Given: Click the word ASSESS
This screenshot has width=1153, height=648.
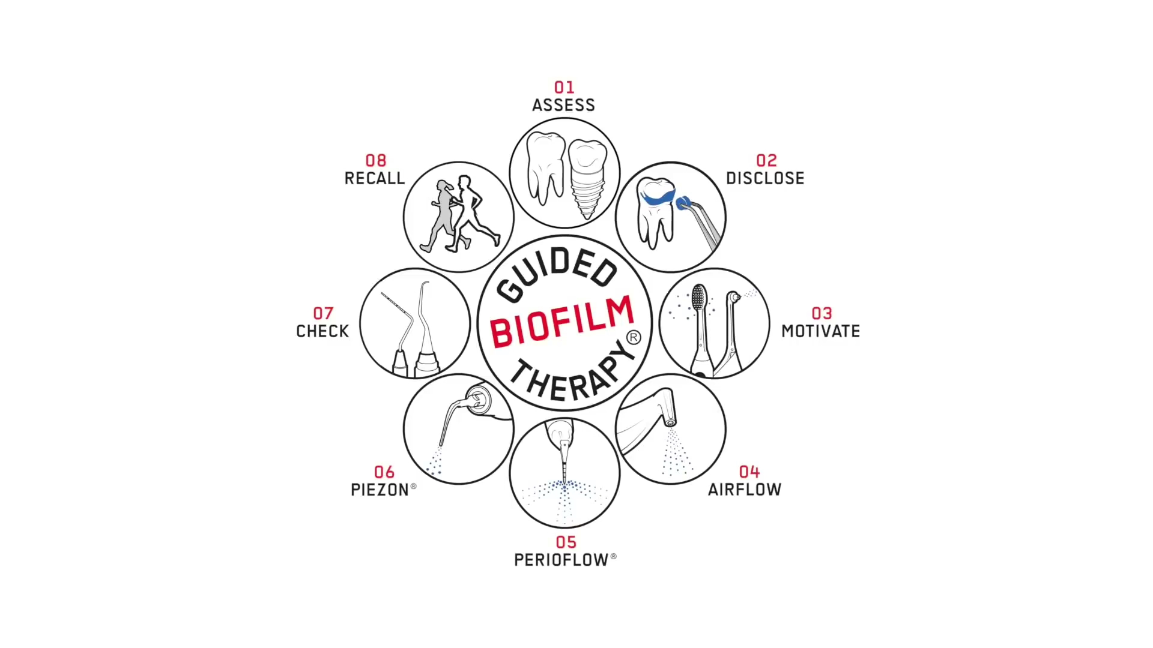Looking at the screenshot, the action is [563, 105].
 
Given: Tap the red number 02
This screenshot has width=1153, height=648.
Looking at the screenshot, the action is [766, 160].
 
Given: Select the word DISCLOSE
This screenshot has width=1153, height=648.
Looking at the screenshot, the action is [765, 178].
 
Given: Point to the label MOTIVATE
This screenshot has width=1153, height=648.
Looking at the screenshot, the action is [820, 331].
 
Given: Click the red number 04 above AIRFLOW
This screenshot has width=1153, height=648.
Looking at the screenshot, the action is [749, 472].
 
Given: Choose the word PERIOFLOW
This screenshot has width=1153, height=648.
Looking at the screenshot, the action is [561, 560].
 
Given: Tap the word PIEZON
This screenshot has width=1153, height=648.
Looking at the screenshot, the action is [380, 490].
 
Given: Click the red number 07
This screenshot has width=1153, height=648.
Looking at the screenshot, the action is [323, 313].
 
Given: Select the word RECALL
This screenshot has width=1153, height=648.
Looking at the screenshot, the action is [375, 178].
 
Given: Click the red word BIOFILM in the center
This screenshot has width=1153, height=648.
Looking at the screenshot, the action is [562, 322].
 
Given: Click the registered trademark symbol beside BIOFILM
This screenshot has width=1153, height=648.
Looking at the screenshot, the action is [633, 338].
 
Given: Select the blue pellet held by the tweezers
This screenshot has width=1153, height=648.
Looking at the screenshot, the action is [683, 203].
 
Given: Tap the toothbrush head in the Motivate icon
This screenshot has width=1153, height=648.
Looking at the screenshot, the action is [698, 298].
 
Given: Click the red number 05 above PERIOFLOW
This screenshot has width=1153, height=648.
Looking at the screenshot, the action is [566, 542].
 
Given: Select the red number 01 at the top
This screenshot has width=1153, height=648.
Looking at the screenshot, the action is [564, 88].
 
